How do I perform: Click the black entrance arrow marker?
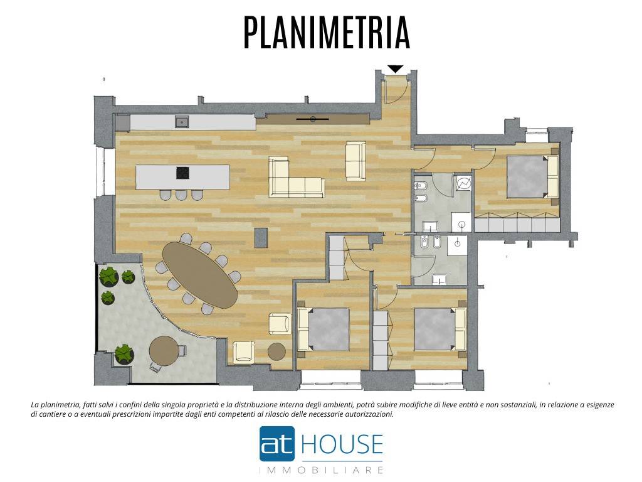pyautogui.click(x=395, y=69)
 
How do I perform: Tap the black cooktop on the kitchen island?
pyautogui.click(x=182, y=173)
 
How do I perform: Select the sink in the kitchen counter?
pyautogui.click(x=182, y=121)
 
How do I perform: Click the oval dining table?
pyautogui.click(x=199, y=274)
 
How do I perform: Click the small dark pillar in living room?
pyautogui.click(x=261, y=238)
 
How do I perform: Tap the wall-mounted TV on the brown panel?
pyautogui.click(x=312, y=119)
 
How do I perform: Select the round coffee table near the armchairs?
pyautogui.click(x=276, y=351)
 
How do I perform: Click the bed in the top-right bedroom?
pyautogui.click(x=532, y=177)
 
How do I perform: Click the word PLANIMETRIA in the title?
pyautogui.click(x=326, y=33)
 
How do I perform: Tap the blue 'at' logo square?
pyautogui.click(x=277, y=444)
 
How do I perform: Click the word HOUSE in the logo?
pyautogui.click(x=342, y=444)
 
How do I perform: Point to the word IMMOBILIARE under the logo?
pyautogui.click(x=322, y=469)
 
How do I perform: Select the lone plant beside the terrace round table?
pyautogui.click(x=124, y=355)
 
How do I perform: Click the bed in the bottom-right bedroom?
pyautogui.click(x=440, y=329)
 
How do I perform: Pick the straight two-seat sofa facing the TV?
pyautogui.click(x=355, y=161)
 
